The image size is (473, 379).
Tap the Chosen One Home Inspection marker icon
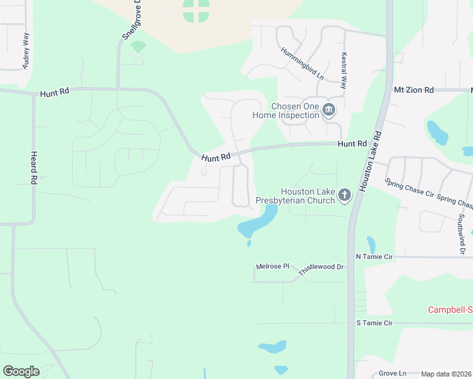coord(328,111)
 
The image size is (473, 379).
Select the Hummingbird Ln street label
coord(302,64)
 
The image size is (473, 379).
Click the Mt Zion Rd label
coord(414,90)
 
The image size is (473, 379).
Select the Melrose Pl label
coord(273,267)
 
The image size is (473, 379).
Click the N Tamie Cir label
coord(374,257)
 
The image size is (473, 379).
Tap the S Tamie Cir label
coord(374,323)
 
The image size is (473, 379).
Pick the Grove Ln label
coord(392,373)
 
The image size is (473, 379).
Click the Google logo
coord(21,371)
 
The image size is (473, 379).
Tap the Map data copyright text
coord(446,374)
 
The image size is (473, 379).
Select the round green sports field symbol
coord(196,10)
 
